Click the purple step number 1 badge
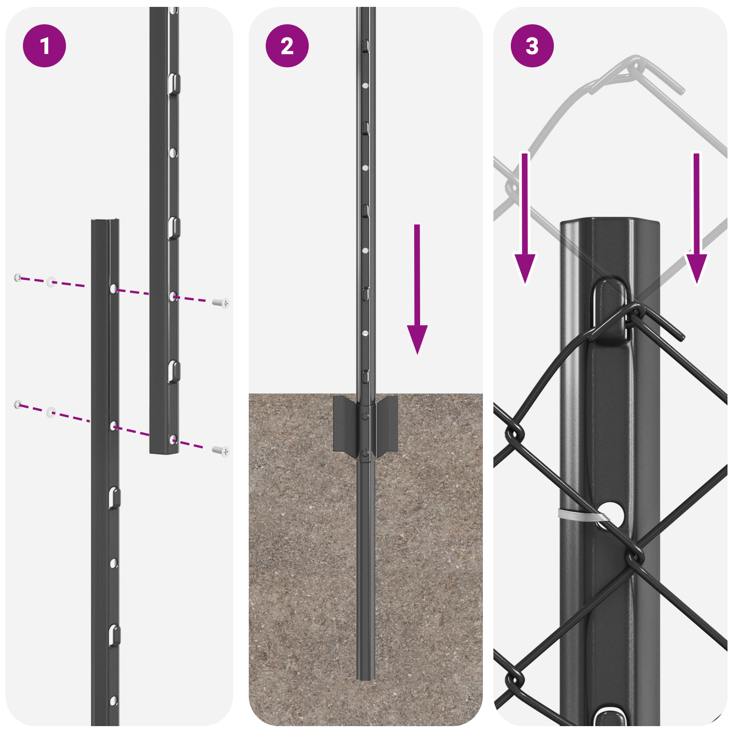[44, 46]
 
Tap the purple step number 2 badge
[287, 46]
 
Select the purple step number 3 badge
[532, 46]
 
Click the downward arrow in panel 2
[417, 293]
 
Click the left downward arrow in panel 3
[525, 220]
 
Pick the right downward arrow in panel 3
[696, 220]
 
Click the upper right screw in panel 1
[222, 303]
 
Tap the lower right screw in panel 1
[222, 451]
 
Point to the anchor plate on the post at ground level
[365, 423]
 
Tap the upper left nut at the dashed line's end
[18, 277]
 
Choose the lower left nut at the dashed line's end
[18, 404]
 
